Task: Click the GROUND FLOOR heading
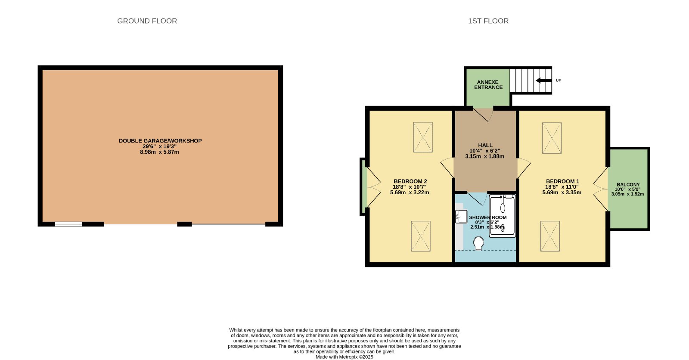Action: [147, 21]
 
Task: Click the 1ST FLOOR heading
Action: [488, 21]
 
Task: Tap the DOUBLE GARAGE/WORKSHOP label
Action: [160, 141]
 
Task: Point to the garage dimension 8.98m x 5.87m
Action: [159, 152]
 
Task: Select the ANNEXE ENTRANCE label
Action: [488, 84]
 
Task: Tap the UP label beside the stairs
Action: [558, 81]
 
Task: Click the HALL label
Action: [485, 145]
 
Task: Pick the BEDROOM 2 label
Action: [410, 182]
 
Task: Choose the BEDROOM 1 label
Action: [562, 182]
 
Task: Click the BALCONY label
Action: [628, 185]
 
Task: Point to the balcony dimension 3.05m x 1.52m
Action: [627, 194]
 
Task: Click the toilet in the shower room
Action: [478, 243]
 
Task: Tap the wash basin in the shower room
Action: [461, 216]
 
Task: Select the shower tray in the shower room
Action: [502, 216]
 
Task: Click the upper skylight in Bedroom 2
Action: [422, 137]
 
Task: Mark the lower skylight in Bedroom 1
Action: [550, 236]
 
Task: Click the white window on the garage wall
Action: [68, 224]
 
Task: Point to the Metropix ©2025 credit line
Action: [344, 357]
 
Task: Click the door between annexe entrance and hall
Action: [483, 115]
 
